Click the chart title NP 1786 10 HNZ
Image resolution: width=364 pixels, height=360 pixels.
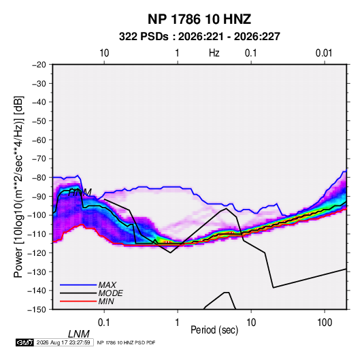(199, 19)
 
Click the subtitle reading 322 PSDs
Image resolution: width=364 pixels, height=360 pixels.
(144, 37)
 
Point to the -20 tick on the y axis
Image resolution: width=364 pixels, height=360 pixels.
(39, 65)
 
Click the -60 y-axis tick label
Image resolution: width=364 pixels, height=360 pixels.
(39, 140)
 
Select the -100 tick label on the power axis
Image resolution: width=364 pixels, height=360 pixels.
(37, 215)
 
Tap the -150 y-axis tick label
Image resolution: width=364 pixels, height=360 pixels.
(37, 310)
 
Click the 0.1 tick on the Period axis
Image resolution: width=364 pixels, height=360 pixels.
(103, 323)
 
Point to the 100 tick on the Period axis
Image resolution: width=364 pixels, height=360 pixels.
(324, 323)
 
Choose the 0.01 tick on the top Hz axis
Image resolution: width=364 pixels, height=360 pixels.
(324, 53)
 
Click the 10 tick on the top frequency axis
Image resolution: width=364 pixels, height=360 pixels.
(104, 53)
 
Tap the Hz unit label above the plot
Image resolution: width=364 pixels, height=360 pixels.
(214, 53)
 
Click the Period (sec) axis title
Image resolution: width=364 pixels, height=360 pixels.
(214, 330)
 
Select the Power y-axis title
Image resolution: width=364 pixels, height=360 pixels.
(18, 187)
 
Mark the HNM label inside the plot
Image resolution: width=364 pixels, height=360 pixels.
(80, 193)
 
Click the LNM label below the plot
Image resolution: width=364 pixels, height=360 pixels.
(79, 334)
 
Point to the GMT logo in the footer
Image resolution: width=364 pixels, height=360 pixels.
(24, 342)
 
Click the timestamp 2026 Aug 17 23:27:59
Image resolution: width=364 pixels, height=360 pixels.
(63, 342)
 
